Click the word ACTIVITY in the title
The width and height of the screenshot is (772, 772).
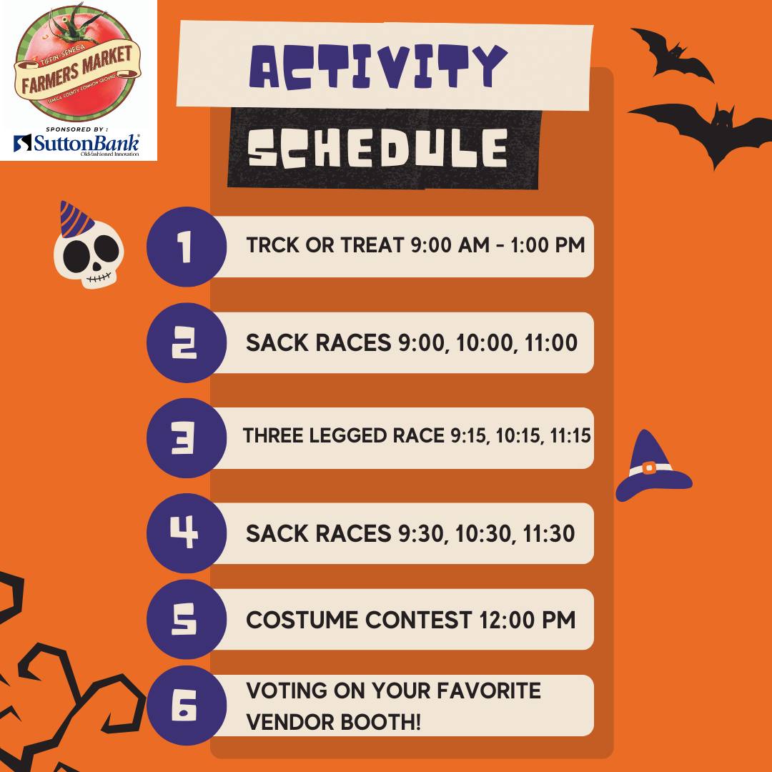[378, 66]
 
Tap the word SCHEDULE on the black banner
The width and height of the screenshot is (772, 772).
[377, 148]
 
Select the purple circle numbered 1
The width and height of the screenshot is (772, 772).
[187, 246]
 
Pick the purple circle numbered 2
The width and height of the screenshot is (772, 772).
[187, 342]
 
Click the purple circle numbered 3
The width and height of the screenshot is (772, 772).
[187, 437]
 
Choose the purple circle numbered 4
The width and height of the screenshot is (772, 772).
[187, 533]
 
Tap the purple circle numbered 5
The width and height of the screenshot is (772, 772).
[187, 619]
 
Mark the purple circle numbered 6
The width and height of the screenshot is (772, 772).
[187, 705]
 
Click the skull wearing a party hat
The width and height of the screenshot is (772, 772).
[88, 245]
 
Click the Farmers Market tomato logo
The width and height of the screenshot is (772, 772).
[76, 63]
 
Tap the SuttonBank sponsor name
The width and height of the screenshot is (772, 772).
[76, 144]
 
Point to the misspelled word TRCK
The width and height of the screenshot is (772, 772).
[272, 244]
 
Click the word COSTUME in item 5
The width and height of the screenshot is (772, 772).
[302, 620]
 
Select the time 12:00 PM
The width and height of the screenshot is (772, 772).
[527, 620]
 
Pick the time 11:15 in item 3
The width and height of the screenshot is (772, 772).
[570, 436]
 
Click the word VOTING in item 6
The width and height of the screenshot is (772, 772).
[286, 691]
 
